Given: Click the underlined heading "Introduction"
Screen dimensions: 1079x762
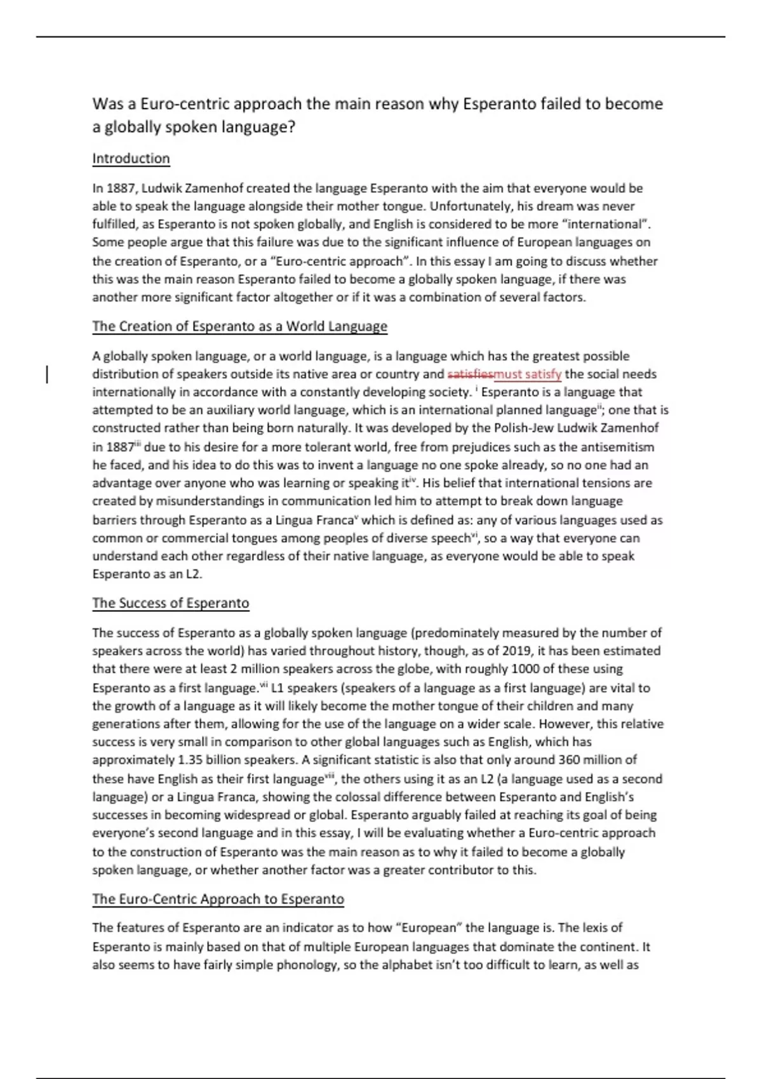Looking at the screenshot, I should click(131, 159).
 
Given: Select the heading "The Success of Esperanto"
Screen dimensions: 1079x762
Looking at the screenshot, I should click(170, 603).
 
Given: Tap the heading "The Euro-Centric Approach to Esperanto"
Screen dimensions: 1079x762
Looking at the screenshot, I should click(218, 899).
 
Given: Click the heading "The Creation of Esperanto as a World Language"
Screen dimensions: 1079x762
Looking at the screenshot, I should click(239, 326).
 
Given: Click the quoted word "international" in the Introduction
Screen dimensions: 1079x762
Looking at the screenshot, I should click(607, 224).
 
